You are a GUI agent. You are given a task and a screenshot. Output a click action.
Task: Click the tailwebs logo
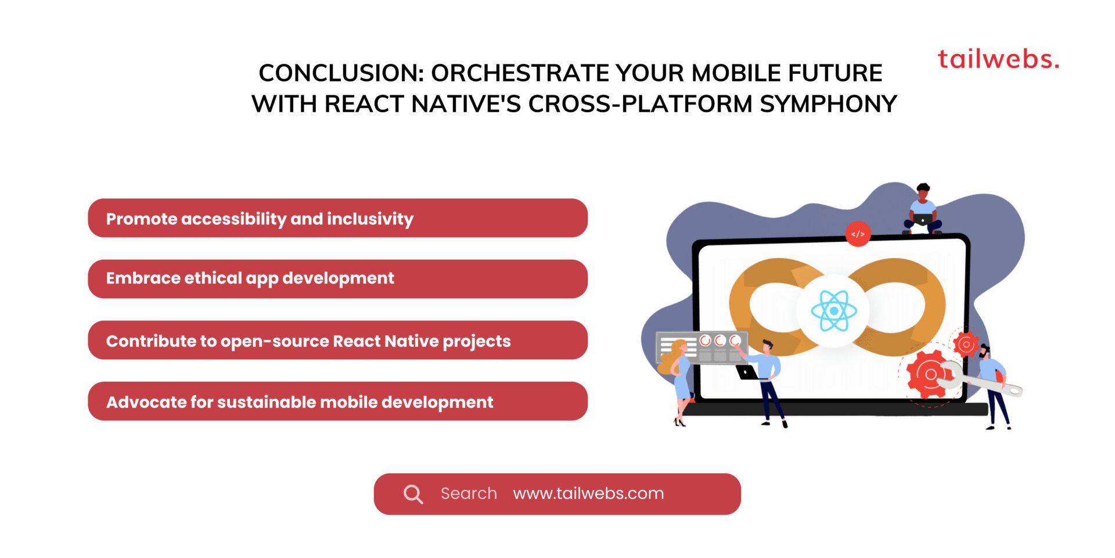pyautogui.click(x=998, y=59)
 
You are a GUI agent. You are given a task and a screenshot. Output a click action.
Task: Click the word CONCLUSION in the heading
pyautogui.click(x=340, y=73)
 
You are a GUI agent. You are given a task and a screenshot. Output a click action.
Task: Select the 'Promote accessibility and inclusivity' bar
pyautogui.click(x=337, y=219)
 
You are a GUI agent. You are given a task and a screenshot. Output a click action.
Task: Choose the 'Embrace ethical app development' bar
pyautogui.click(x=337, y=279)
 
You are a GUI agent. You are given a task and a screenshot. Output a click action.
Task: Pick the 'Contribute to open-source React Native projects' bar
pyautogui.click(x=337, y=341)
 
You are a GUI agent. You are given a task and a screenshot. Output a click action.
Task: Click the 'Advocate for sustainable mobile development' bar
pyautogui.click(x=337, y=402)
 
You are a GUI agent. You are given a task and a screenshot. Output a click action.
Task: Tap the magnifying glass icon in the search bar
pyautogui.click(x=413, y=494)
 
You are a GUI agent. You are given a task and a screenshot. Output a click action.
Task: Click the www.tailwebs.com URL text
pyautogui.click(x=588, y=493)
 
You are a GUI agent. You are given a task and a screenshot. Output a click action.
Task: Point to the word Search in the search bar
pyautogui.click(x=468, y=493)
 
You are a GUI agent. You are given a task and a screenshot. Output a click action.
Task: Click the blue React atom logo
pyautogui.click(x=833, y=311)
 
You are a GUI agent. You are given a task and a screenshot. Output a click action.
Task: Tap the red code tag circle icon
pyautogui.click(x=858, y=234)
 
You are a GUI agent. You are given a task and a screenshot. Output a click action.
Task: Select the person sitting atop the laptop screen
pyautogui.click(x=922, y=210)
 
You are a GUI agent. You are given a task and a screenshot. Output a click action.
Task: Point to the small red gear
pyautogui.click(x=966, y=345)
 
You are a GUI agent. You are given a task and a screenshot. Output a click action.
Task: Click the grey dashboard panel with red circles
pyautogui.click(x=700, y=348)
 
